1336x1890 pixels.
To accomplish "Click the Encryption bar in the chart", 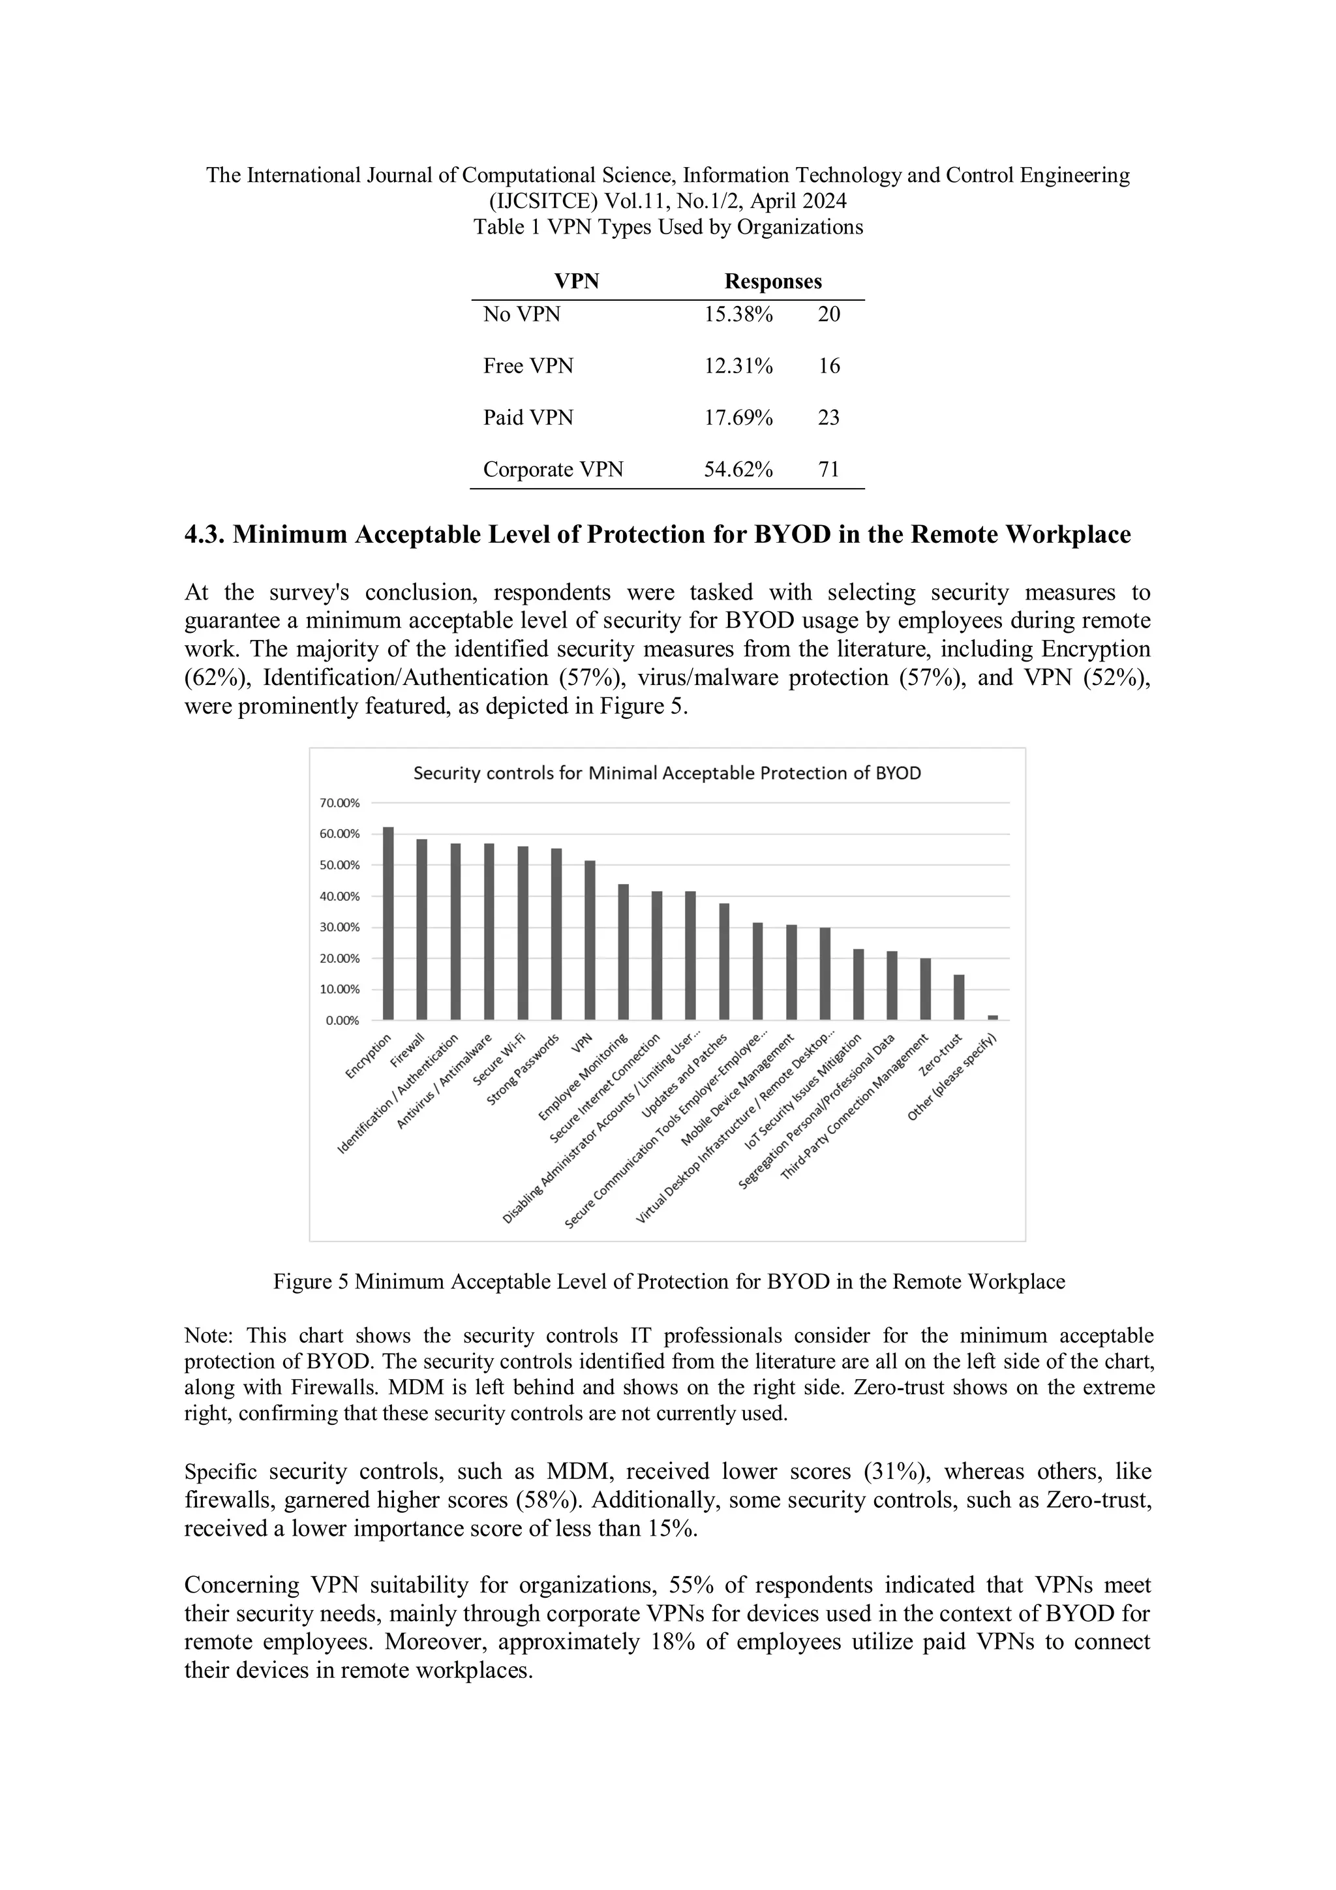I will click(x=389, y=924).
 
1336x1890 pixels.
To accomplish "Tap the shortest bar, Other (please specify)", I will click(x=993, y=1018).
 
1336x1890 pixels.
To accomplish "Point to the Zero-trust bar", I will click(x=959, y=997).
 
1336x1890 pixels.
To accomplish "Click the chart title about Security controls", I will click(x=667, y=774).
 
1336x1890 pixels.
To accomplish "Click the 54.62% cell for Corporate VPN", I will click(x=738, y=469).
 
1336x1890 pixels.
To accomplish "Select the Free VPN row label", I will click(x=528, y=365).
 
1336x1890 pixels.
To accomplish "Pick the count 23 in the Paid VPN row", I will click(x=828, y=418).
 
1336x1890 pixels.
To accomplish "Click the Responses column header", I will click(x=773, y=282).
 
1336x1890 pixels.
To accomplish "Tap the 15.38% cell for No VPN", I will click(x=738, y=314).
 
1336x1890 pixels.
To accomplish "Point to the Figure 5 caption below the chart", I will click(x=669, y=1282).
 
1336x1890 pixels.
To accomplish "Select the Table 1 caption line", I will click(x=667, y=227).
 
